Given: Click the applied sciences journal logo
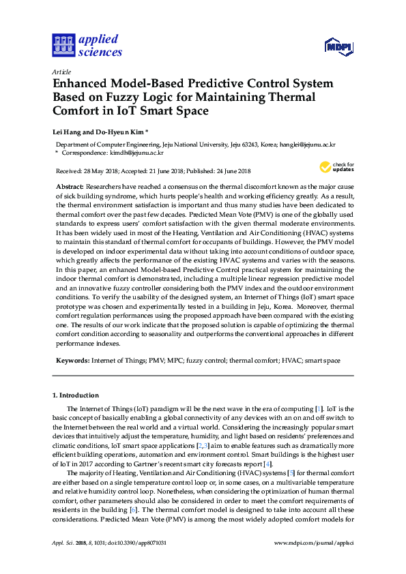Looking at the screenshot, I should (x=87, y=46).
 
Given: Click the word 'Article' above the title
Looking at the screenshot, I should (x=61, y=72).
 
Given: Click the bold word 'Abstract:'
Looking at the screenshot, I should (x=70, y=186).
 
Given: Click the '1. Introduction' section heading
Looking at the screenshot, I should (x=76, y=395).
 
